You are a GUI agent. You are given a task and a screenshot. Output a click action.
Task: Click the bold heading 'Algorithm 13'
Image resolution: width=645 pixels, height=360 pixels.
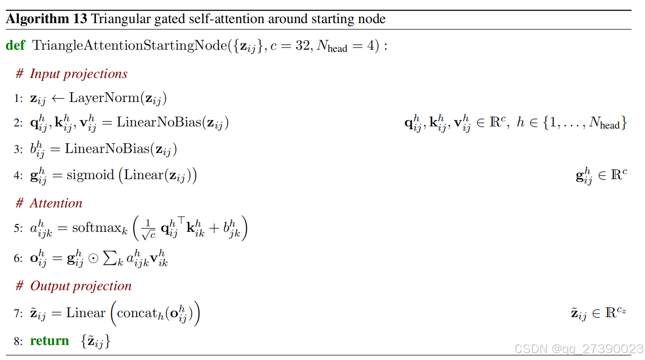pyautogui.click(x=46, y=19)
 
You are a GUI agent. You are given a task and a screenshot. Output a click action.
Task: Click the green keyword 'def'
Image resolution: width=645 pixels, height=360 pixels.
pyautogui.click(x=15, y=45)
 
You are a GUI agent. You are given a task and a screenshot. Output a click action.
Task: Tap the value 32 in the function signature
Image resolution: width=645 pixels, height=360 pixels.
pyautogui.click(x=303, y=45)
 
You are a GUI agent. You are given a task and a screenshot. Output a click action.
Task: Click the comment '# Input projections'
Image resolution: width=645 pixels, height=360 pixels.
pyautogui.click(x=72, y=74)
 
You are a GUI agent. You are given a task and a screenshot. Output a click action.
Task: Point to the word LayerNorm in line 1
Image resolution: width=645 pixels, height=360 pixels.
pyautogui.click(x=104, y=98)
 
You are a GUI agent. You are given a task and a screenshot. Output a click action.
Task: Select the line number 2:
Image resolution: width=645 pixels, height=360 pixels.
pyautogui.click(x=18, y=123)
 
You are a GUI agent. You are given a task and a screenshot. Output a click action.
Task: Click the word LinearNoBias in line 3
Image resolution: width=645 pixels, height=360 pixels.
pyautogui.click(x=107, y=149)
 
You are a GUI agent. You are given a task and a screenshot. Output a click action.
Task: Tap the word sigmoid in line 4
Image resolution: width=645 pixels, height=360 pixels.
pyautogui.click(x=90, y=175)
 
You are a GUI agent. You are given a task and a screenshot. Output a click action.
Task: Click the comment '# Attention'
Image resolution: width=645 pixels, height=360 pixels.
pyautogui.click(x=49, y=203)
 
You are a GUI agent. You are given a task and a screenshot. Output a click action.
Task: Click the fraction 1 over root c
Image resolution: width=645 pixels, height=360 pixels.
pyautogui.click(x=148, y=229)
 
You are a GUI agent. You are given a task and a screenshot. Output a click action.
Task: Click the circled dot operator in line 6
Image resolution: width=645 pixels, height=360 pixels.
pyautogui.click(x=93, y=258)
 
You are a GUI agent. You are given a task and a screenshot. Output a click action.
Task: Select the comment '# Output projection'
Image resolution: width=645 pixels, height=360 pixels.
pyautogui.click(x=74, y=286)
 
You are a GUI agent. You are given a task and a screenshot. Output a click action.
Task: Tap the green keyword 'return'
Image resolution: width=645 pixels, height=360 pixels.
pyautogui.click(x=49, y=341)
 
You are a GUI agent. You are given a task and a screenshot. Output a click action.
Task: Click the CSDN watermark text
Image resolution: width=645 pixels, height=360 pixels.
pyautogui.click(x=579, y=349)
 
